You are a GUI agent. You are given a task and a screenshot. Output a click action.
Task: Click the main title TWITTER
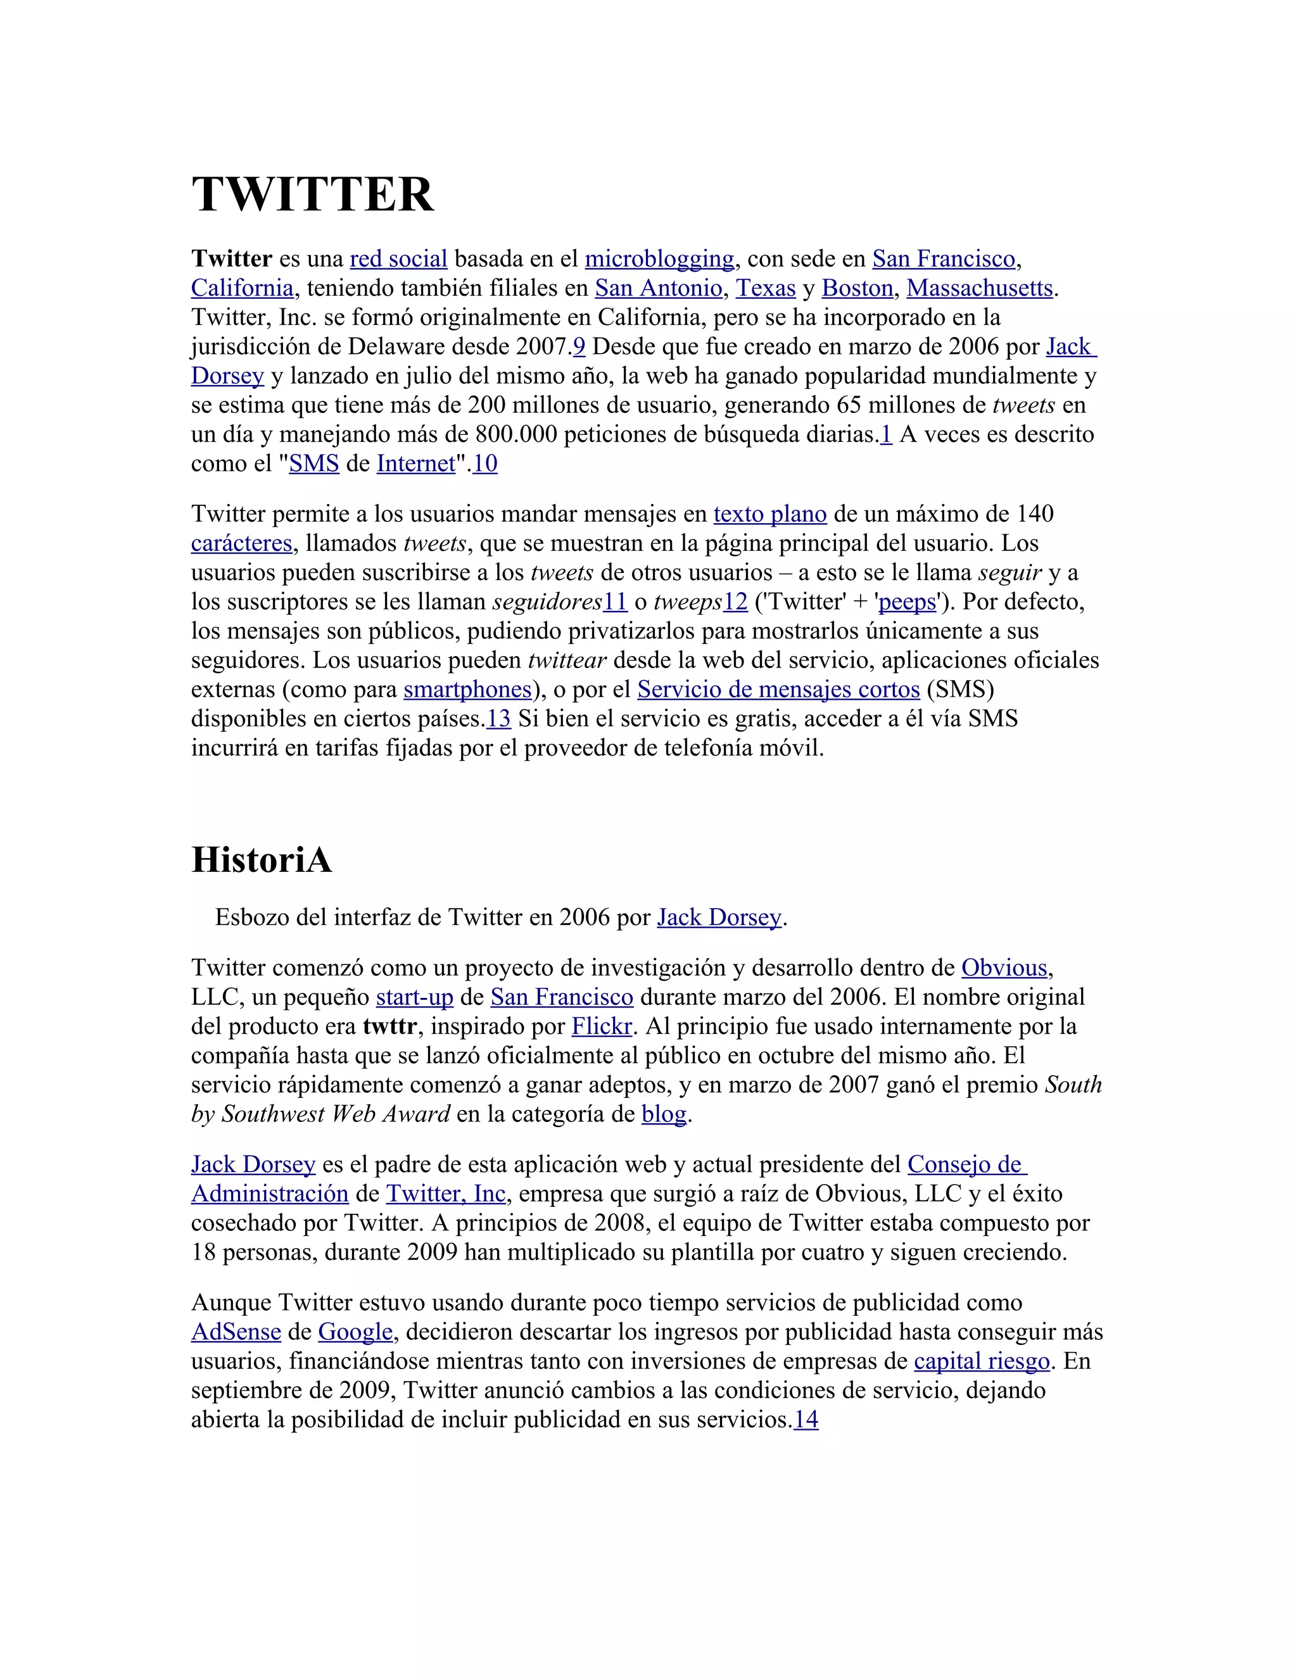click(312, 194)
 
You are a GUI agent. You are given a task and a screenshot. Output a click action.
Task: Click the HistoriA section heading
click(262, 859)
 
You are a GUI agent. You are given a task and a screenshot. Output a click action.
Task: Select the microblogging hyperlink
click(659, 259)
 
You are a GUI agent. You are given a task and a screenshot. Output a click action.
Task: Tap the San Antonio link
click(659, 288)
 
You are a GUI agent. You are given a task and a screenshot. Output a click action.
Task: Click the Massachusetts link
click(980, 288)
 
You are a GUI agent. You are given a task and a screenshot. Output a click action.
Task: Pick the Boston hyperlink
click(857, 288)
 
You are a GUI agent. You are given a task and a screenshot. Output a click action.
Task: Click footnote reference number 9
click(579, 346)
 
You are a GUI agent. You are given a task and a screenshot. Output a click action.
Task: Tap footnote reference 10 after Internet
click(485, 464)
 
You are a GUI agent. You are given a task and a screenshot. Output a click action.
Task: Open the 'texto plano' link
click(770, 514)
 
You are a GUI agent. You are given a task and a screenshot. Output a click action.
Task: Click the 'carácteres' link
click(241, 543)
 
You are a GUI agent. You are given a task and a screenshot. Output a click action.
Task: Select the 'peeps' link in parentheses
click(908, 602)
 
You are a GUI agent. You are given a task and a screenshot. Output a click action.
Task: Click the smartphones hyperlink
click(468, 689)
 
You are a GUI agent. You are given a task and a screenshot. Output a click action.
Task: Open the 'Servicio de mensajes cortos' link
click(778, 689)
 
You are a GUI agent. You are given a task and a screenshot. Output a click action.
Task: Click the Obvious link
click(1004, 968)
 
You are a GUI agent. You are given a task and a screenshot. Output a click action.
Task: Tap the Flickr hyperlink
click(602, 1026)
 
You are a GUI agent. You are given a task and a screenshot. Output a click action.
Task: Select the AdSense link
click(236, 1332)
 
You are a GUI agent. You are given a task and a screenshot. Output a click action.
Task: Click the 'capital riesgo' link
click(981, 1361)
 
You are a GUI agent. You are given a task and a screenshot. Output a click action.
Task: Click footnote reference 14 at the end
click(806, 1419)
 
